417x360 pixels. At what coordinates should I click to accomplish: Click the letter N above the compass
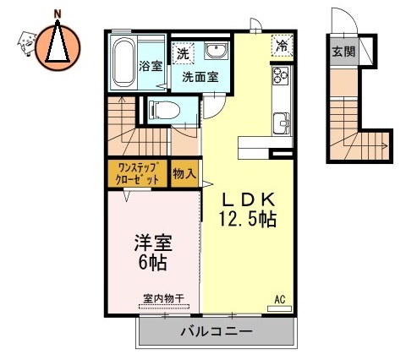tap(58, 13)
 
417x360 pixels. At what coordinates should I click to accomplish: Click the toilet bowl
tap(167, 109)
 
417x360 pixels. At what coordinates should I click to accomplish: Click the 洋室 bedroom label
tap(153, 244)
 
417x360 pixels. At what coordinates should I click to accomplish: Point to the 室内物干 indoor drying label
tap(165, 297)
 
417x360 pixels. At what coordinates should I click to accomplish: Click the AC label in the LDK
tap(279, 298)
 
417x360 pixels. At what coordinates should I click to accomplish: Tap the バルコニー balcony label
tap(216, 332)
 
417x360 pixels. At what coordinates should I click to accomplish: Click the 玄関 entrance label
tap(343, 52)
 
